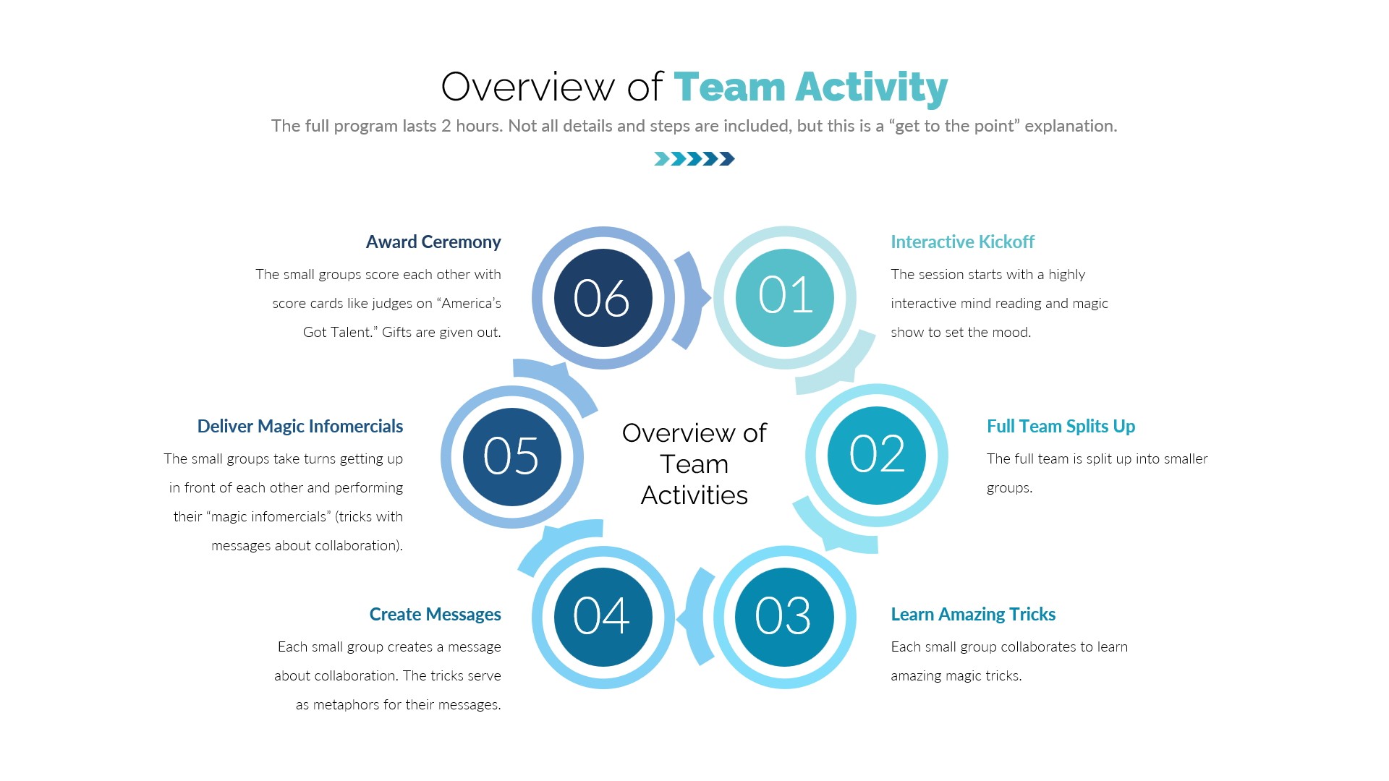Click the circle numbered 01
click(785, 297)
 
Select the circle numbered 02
click(877, 456)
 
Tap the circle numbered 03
click(784, 617)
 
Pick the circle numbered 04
click(603, 617)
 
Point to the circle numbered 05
click(512, 457)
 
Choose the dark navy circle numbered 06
click(603, 297)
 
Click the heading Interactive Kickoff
click(962, 242)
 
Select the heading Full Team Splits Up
click(1061, 426)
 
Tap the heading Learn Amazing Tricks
click(973, 614)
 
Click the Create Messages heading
click(435, 614)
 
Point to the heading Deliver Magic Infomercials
click(300, 426)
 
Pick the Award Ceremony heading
click(433, 242)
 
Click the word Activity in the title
click(872, 88)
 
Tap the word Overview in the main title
click(527, 87)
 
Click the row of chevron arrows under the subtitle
click(694, 158)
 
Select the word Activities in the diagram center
click(694, 495)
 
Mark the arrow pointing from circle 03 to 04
click(696, 617)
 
